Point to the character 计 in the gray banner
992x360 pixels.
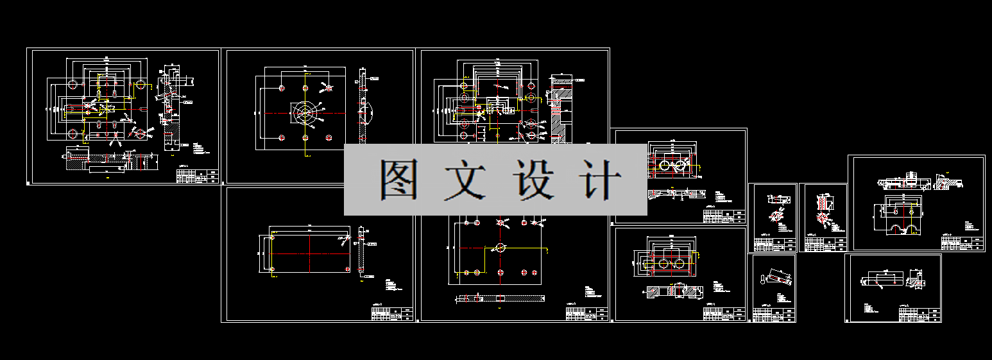(x=599, y=179)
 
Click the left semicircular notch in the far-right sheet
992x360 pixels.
(x=893, y=230)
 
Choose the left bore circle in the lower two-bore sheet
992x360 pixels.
(x=662, y=264)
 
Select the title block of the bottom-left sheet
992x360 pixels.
(x=391, y=313)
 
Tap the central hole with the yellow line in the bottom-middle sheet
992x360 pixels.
(x=500, y=248)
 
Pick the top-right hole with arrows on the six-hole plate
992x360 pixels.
(x=328, y=88)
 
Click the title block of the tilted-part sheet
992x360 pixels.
(x=774, y=314)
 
